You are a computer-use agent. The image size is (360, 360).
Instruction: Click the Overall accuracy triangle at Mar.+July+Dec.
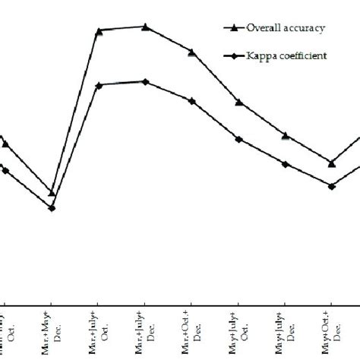[x=146, y=27]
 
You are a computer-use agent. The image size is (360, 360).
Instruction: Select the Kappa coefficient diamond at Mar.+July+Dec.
[x=146, y=81]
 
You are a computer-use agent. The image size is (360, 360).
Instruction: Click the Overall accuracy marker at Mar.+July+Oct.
[x=99, y=31]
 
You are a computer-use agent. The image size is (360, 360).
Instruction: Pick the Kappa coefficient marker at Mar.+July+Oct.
[x=99, y=85]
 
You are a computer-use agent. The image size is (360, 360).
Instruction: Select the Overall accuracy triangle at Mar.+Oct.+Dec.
[x=192, y=52]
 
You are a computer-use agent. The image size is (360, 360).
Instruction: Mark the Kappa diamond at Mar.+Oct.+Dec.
[x=192, y=100]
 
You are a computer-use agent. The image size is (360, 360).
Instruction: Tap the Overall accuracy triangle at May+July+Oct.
[x=238, y=102]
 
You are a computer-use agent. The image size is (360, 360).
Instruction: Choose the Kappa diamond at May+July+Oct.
[x=238, y=139]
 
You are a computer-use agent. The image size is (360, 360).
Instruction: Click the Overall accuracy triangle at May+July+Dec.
[x=286, y=135]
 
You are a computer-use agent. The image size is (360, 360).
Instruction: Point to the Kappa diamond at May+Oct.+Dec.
[x=332, y=185]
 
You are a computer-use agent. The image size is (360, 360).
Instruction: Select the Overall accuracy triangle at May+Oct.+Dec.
[x=332, y=162]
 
